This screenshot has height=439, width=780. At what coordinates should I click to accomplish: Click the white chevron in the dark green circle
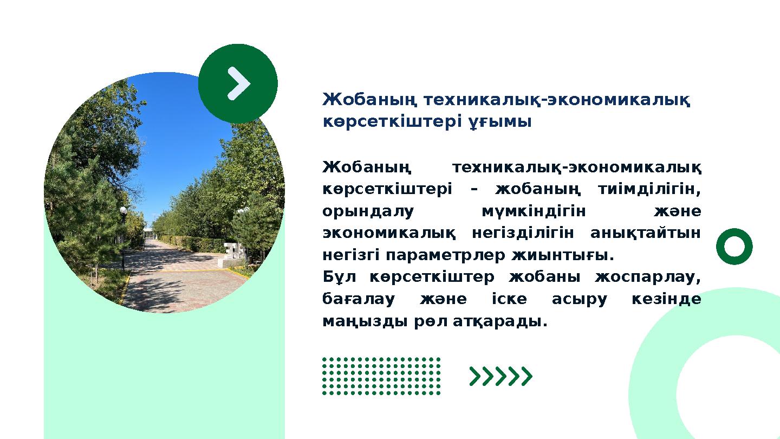pyautogui.click(x=238, y=83)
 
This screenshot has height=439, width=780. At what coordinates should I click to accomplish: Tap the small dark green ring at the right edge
pyautogui.click(x=734, y=247)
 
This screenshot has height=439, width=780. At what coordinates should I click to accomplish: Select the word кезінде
pyautogui.click(x=666, y=300)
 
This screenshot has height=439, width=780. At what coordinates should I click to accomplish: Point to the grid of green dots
pyautogui.click(x=381, y=376)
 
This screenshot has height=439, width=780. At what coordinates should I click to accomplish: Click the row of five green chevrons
pyautogui.click(x=501, y=376)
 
